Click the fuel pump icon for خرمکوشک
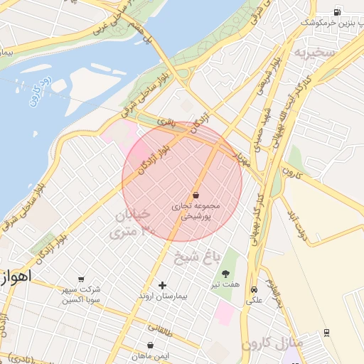click(x=337, y=11)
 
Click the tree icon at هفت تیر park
click(x=226, y=274)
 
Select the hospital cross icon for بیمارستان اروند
click(x=162, y=285)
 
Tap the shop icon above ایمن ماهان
click(x=149, y=344)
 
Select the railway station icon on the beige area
click(x=326, y=332)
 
